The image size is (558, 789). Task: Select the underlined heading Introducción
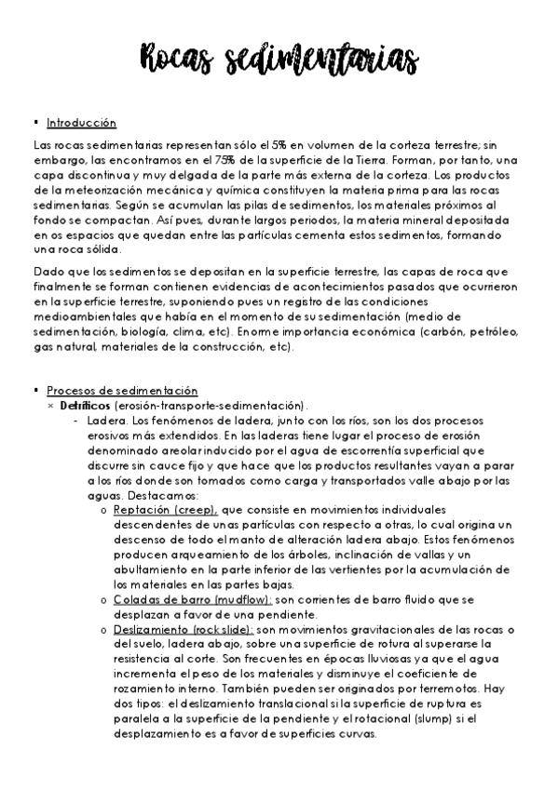pyautogui.click(x=81, y=122)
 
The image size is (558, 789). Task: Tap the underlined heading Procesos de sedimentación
pyautogui.click(x=122, y=392)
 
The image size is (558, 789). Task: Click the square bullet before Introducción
pyautogui.click(x=34, y=122)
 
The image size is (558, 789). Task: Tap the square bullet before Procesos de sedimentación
pyautogui.click(x=34, y=392)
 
